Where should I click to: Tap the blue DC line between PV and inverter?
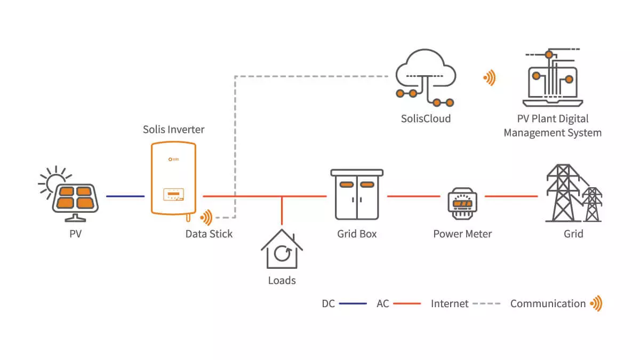pos(125,196)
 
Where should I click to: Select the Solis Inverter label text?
pos(174,130)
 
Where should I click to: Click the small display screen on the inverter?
pos(173,194)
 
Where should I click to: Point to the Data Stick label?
pos(209,234)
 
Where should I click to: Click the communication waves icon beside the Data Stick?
pos(206,218)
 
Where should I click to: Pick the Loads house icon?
pos(282,249)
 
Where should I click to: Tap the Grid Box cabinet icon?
pos(357,195)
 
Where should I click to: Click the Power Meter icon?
pos(462,203)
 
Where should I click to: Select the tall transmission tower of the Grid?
pos(563,193)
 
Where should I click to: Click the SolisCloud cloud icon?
pos(426,77)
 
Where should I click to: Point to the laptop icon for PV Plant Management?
pos(553,77)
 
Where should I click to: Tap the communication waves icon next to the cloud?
pos(490,77)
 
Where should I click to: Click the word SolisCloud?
pos(426,118)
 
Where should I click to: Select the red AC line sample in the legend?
pos(407,303)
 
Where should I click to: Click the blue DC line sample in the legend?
pos(353,303)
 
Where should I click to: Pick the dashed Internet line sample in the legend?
pos(486,303)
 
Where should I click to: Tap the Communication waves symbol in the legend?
pos(597,303)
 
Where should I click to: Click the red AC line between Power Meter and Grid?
pos(511,196)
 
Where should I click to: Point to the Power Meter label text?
pos(462,234)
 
